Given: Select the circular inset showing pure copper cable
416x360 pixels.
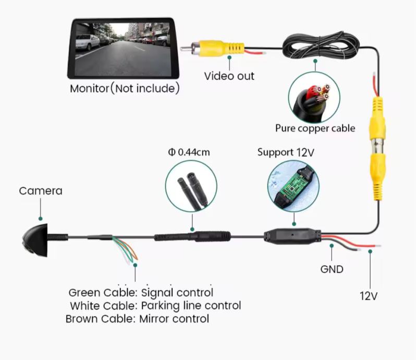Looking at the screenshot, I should (314, 97).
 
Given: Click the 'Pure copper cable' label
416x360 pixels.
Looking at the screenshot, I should (315, 128).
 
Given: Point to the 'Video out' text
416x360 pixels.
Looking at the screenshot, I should (229, 76).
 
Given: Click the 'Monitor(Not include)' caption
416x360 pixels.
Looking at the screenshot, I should (125, 88).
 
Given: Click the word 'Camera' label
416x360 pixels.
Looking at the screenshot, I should (41, 191).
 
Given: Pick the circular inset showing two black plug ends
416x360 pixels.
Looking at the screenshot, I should (192, 185).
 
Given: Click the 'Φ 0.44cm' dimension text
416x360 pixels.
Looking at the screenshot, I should (189, 153).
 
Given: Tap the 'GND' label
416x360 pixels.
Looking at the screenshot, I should (332, 269).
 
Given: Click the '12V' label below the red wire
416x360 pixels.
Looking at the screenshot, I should (368, 296).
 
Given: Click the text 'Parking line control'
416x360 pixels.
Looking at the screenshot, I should (190, 306).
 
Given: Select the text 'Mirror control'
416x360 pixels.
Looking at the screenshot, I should (174, 319).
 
